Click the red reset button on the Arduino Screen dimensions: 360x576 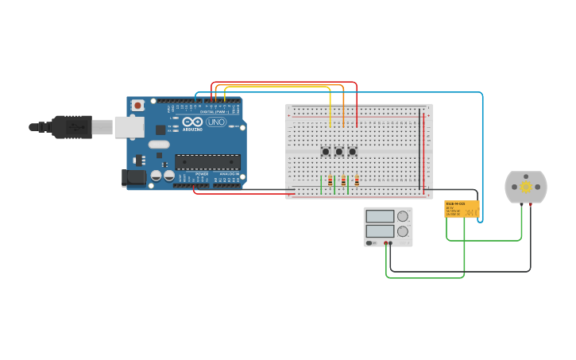137,105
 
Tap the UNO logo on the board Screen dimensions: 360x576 216,122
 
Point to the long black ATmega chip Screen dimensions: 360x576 207,162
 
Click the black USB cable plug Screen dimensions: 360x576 72,126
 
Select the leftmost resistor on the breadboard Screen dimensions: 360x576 331,181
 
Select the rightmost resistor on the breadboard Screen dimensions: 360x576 357,181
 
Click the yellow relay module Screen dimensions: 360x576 462,209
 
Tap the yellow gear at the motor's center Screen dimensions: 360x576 526,187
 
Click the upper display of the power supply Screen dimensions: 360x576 380,216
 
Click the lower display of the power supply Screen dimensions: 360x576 380,231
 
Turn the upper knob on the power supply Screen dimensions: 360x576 403,216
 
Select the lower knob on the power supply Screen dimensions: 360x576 403,231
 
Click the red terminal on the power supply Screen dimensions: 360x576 385,243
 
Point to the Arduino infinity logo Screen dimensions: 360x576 193,122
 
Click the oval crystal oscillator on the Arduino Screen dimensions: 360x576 159,145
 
